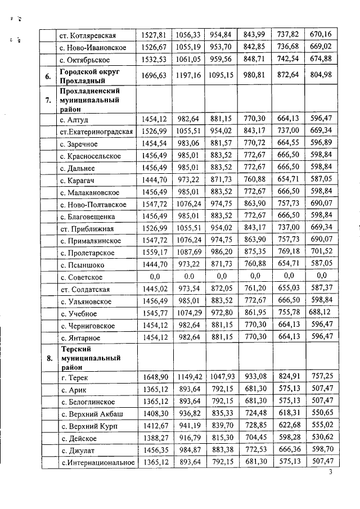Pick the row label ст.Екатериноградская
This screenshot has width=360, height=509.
coord(96,132)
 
